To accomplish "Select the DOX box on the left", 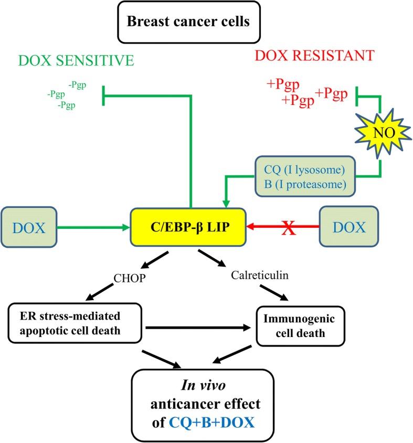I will pos(29,227).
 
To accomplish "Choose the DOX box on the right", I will pos(348,227).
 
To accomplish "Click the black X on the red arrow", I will pos(287,227).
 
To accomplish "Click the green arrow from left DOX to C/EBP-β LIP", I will pos(92,227).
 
